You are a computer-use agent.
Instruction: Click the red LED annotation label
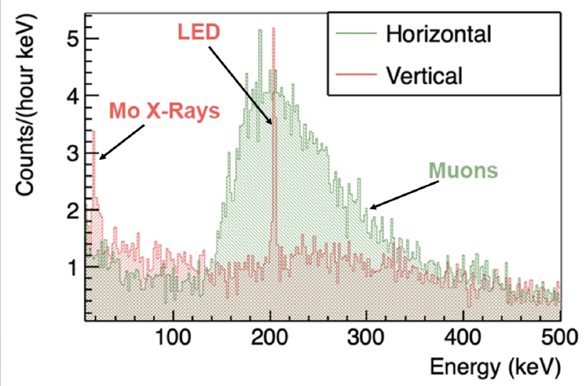(x=199, y=33)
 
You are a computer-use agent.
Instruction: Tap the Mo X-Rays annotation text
(x=164, y=111)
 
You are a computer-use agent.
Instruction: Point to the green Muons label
(x=463, y=170)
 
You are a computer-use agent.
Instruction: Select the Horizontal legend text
(x=439, y=34)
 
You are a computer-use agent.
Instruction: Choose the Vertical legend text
(x=424, y=75)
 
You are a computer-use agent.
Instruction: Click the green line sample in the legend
(x=356, y=33)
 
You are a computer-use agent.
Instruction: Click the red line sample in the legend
(x=356, y=74)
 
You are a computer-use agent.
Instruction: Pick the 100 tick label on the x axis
(x=173, y=337)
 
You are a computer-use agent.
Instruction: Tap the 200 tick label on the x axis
(x=269, y=337)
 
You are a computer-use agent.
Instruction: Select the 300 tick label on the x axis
(x=366, y=337)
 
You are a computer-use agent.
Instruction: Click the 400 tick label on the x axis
(x=463, y=337)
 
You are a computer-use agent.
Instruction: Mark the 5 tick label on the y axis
(x=73, y=38)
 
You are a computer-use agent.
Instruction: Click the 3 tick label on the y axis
(x=73, y=153)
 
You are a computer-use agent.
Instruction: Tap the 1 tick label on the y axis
(x=73, y=267)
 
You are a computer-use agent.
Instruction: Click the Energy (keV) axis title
(x=496, y=367)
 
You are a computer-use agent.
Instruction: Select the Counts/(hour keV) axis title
(x=24, y=104)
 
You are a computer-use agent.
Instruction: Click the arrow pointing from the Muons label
(x=404, y=195)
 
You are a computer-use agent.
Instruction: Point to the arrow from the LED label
(x=240, y=86)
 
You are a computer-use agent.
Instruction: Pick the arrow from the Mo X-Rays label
(x=122, y=143)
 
